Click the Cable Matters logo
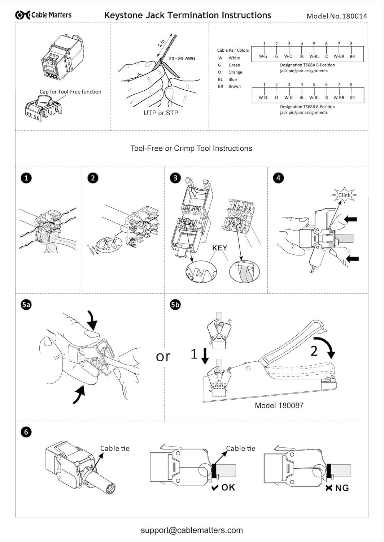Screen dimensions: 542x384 tap(43, 15)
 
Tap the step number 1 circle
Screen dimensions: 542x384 tap(26, 178)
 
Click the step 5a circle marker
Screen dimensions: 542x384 tap(26, 305)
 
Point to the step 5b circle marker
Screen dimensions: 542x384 tap(175, 305)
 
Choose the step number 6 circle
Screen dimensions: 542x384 tap(26, 432)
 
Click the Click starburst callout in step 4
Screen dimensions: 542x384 tap(344, 195)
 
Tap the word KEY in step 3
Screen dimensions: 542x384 tap(219, 248)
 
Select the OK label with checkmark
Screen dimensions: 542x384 tap(223, 487)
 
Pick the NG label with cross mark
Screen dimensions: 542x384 tap(337, 488)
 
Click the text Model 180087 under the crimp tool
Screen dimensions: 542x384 tap(279, 405)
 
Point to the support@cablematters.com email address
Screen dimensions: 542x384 tap(192, 530)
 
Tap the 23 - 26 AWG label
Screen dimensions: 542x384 tap(182, 58)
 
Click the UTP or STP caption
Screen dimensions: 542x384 tap(161, 113)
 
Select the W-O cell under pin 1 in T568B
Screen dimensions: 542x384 tap(263, 98)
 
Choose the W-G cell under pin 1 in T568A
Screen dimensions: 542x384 tap(263, 56)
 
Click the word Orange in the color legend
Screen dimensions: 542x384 tap(235, 72)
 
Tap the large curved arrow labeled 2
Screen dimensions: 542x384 tap(325, 347)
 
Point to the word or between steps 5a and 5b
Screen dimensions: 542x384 tap(163, 357)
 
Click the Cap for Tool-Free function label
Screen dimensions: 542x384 tap(70, 92)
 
